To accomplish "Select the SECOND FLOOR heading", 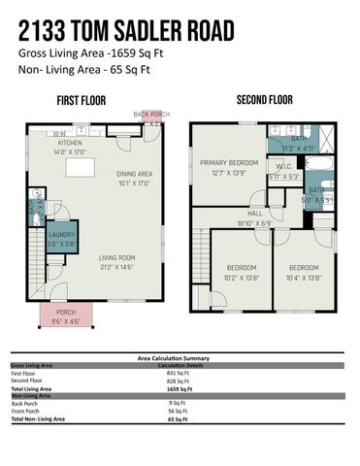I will (264, 100).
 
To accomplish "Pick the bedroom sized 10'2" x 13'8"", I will (242, 272).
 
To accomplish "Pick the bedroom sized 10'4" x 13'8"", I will (304, 272).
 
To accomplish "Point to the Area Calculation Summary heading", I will (179, 357).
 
